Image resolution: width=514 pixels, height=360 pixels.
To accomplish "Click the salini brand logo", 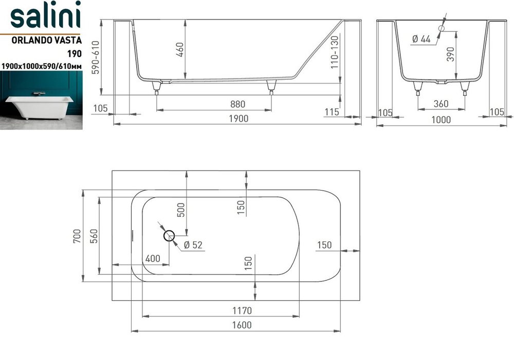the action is pyautogui.click(x=45, y=15).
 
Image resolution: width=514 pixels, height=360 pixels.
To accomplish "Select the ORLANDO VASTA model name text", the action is pyautogui.click(x=47, y=40).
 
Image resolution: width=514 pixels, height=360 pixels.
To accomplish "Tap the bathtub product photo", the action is pyautogui.click(x=41, y=100).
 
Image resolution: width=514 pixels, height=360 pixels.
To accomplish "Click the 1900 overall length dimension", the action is pyautogui.click(x=238, y=118).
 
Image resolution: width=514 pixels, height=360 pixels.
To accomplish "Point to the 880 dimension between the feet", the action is pyautogui.click(x=237, y=104).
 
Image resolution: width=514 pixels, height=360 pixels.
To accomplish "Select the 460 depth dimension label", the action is pyautogui.click(x=179, y=49).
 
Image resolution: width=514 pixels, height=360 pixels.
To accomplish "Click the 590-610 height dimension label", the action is pyautogui.click(x=96, y=58).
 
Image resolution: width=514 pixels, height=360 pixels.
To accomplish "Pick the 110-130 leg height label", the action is pyautogui.click(x=335, y=52).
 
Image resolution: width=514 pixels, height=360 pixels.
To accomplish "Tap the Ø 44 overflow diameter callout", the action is pyautogui.click(x=421, y=39).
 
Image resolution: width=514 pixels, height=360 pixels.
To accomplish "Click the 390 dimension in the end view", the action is pyautogui.click(x=450, y=54).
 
